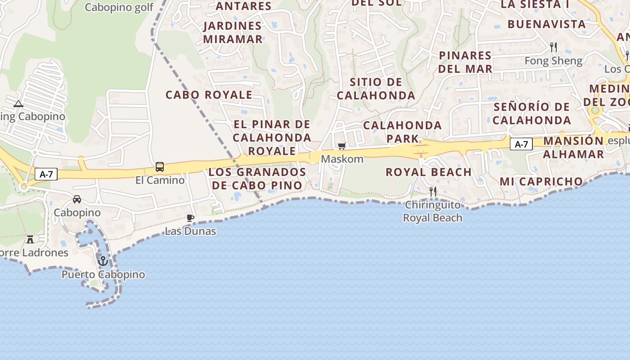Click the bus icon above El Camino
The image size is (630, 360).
[x=160, y=167]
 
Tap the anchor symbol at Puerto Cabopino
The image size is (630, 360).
[x=103, y=261]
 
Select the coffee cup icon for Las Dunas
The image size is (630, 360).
[x=190, y=218]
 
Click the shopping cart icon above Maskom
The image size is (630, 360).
[x=342, y=146]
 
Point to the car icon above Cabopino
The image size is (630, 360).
[x=77, y=199]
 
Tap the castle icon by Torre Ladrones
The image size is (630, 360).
[x=30, y=239]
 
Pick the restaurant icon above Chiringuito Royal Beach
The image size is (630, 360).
[x=432, y=192]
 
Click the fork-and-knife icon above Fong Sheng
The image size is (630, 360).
[x=553, y=47]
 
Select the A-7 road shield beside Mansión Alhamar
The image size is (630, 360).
[x=521, y=144]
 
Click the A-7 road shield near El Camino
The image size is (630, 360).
[x=46, y=174]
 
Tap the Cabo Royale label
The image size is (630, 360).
[x=209, y=95]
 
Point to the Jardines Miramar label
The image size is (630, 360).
[x=233, y=32]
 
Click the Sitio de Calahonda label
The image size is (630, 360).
[x=376, y=89]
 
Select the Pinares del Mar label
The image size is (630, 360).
[x=465, y=62]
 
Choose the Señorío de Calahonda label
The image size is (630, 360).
[x=532, y=113]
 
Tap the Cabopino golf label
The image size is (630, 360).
[x=119, y=7]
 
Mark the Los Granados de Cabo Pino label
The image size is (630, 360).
[x=257, y=179]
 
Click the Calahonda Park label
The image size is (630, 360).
[x=402, y=131]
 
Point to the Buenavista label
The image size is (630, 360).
[x=547, y=24]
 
